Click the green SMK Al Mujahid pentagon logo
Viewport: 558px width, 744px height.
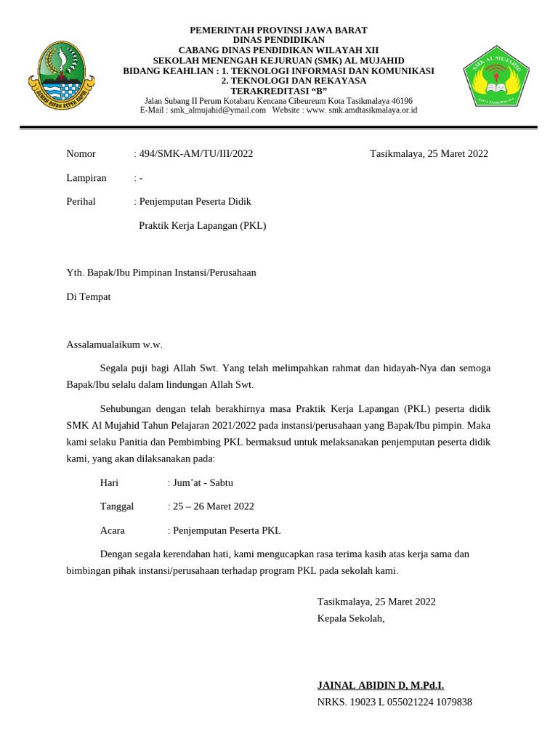coord(496,76)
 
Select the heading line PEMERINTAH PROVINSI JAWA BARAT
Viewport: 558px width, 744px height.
coord(278,30)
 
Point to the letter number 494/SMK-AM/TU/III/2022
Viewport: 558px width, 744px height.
coord(195,153)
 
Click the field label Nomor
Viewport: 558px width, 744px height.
coord(81,153)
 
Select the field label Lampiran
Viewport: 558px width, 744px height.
coord(86,177)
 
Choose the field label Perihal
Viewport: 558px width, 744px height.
coord(81,201)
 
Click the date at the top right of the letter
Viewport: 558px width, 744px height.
coord(429,153)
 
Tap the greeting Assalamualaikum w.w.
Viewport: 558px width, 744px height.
coord(115,344)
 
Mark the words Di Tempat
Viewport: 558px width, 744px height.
coord(89,296)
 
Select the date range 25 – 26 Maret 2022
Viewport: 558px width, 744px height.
coord(213,506)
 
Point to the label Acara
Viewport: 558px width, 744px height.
coord(113,530)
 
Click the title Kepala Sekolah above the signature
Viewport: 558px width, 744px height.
coord(350,618)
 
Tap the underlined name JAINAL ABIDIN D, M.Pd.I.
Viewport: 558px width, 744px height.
coord(380,685)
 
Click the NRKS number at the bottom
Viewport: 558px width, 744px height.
coord(395,702)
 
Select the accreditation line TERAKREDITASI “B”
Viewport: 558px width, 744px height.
coord(278,91)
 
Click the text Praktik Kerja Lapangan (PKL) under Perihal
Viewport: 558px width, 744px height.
coord(203,225)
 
